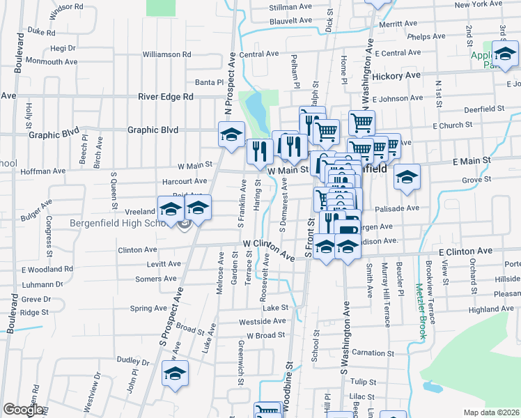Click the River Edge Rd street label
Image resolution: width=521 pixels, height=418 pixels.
(165, 97)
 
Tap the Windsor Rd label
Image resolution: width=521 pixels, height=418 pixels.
(66, 6)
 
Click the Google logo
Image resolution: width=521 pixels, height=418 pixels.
(23, 410)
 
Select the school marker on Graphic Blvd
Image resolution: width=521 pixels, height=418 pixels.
(231, 134)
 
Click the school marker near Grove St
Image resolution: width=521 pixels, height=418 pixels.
(407, 176)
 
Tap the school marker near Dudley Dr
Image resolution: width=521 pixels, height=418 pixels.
(176, 373)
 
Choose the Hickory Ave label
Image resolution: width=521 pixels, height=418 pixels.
(396, 75)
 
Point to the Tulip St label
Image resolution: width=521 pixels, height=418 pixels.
(363, 382)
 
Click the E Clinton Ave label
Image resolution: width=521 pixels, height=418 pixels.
(465, 251)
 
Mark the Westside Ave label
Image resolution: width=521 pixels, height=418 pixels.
(263, 322)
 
